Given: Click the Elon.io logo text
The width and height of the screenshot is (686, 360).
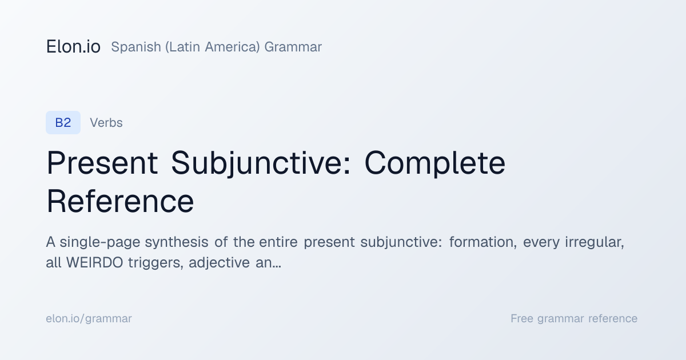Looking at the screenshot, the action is (x=73, y=46).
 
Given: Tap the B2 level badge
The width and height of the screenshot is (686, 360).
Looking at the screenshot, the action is (x=63, y=122).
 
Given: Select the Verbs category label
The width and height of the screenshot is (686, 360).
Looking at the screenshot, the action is (x=106, y=123).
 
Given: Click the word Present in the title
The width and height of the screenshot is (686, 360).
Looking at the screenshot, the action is (x=102, y=163).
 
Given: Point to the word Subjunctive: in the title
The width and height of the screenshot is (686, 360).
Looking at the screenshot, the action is (x=261, y=164).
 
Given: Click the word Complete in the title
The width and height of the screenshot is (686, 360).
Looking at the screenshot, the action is (x=435, y=164).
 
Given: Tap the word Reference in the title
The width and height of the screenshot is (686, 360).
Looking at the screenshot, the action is (x=120, y=201).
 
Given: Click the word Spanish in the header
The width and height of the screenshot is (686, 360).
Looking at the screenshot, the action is (x=136, y=47).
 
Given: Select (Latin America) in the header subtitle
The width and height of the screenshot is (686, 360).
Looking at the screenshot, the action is (x=213, y=47).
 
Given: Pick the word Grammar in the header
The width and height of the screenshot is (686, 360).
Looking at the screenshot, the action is (x=293, y=47).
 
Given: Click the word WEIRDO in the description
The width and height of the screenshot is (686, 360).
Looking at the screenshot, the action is (x=95, y=263).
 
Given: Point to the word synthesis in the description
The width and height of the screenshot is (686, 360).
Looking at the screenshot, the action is (x=177, y=242).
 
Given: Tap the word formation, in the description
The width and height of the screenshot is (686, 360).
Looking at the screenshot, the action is (x=483, y=242).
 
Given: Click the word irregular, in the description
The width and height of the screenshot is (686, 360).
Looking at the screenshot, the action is (x=595, y=242).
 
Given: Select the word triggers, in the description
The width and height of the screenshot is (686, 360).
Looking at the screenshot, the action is (x=156, y=263).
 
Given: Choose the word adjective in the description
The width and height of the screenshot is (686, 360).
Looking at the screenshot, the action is (x=220, y=263).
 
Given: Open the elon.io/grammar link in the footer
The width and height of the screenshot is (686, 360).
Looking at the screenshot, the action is (x=89, y=319).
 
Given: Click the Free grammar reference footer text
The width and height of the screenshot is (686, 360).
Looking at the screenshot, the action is (x=574, y=319).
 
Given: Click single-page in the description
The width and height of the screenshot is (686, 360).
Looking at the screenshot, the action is (x=100, y=242).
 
